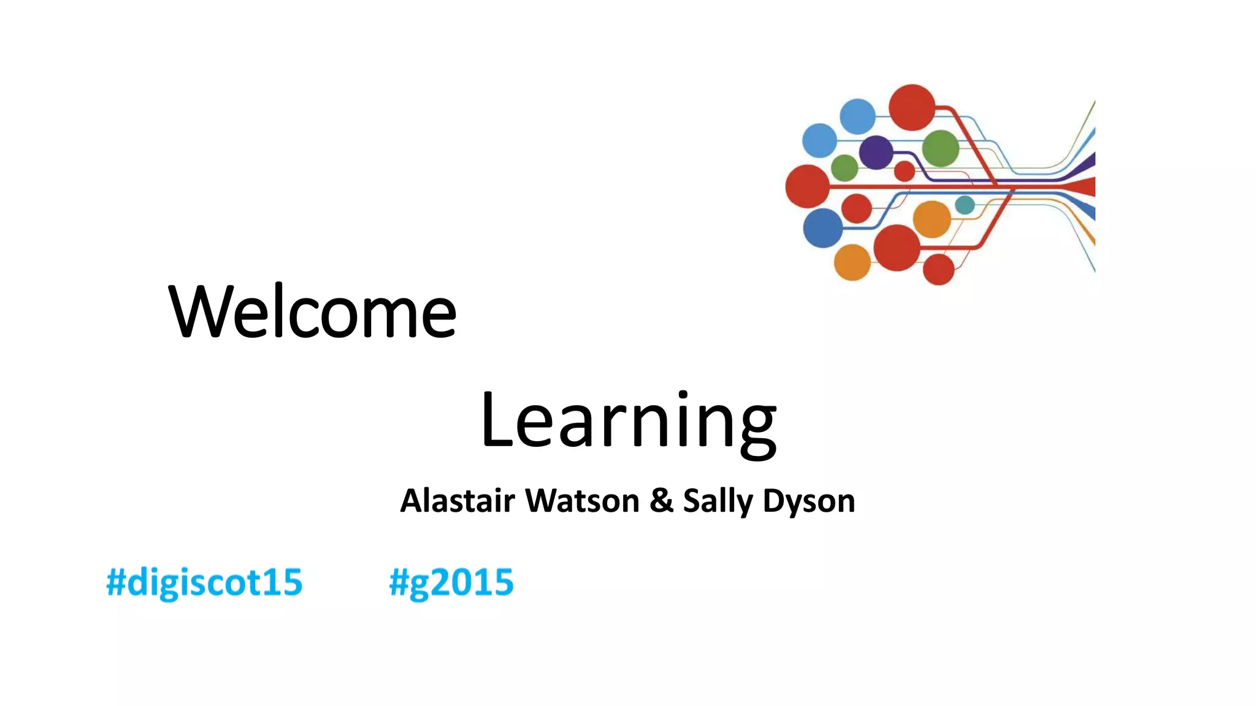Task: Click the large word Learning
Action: pos(628,422)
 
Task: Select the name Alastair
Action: pos(457,501)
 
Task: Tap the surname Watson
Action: pos(583,501)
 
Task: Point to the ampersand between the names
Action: pos(661,501)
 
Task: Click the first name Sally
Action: pos(718,502)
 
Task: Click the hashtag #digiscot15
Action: pos(204,582)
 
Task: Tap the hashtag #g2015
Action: pos(451,582)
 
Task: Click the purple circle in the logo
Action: pos(876,153)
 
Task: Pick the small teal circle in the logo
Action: pos(965,205)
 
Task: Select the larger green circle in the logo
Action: pos(940,148)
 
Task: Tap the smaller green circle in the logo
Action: pos(844,167)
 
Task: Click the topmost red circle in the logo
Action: pos(912,107)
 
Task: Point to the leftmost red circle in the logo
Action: pos(808,186)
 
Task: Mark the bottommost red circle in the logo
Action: pos(938,269)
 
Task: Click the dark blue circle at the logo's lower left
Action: pos(823,228)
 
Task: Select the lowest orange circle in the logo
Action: pos(852,262)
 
